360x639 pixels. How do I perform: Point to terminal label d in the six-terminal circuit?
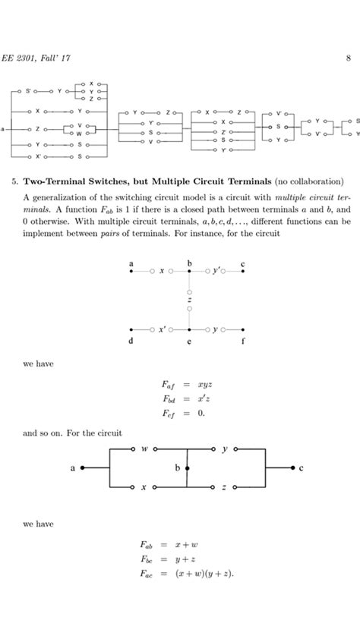pyautogui.click(x=131, y=342)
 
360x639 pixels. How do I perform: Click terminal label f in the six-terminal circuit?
pyautogui.click(x=244, y=342)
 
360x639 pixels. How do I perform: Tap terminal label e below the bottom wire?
pyautogui.click(x=188, y=342)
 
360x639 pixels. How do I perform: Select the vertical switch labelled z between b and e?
pyautogui.click(x=188, y=301)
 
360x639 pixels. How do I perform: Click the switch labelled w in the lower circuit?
pyautogui.click(x=144, y=449)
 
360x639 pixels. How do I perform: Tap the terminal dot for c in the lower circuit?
pyautogui.click(x=292, y=468)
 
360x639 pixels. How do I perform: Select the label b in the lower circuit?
pyautogui.click(x=177, y=468)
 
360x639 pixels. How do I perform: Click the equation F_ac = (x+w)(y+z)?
pyautogui.click(x=187, y=574)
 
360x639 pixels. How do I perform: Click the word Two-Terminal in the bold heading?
pyautogui.click(x=57, y=182)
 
